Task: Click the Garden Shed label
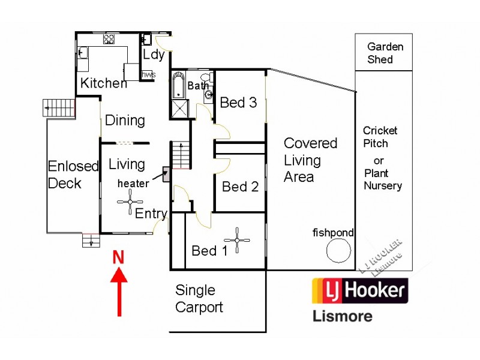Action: point(385,53)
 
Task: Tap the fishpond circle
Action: point(339,250)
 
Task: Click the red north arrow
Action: point(119,292)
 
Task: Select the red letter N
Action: point(119,258)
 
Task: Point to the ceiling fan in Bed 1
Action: point(240,240)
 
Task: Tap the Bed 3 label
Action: point(238,103)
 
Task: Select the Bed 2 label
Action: point(240,187)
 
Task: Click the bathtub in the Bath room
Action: point(179,85)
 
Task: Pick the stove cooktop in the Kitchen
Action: point(109,40)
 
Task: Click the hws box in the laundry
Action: point(148,74)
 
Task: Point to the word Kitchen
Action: point(104,83)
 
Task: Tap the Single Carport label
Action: point(199,299)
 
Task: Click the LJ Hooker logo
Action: point(359,291)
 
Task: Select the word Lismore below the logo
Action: point(343,316)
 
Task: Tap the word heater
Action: point(133,184)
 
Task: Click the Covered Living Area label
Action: point(310,160)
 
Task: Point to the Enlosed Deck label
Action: point(73,175)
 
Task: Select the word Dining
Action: point(125,120)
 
